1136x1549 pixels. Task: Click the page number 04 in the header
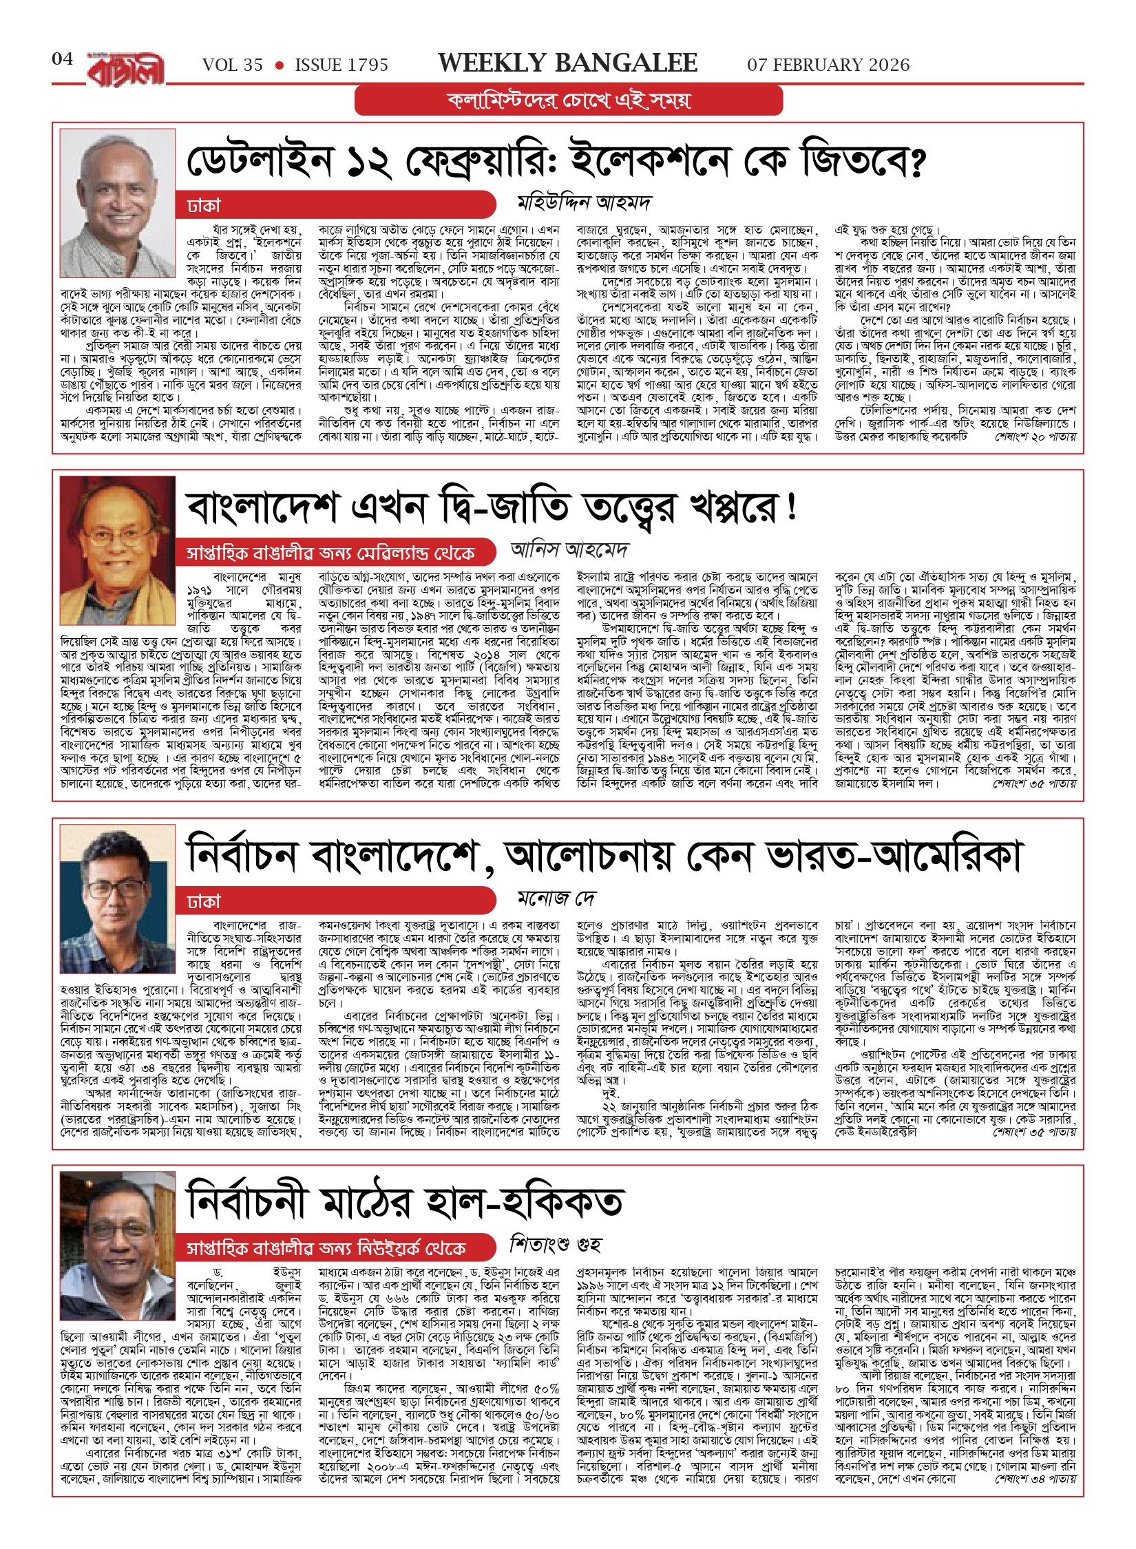tap(63, 59)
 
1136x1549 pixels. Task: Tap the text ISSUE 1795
tap(341, 65)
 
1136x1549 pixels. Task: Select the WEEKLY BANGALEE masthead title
tap(567, 63)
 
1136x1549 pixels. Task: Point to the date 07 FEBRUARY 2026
tap(828, 65)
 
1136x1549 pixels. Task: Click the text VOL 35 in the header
tap(233, 65)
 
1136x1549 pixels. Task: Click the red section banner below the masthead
tap(569, 101)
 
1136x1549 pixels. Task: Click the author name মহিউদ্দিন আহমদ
tap(584, 202)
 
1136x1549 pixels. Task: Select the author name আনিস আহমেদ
tap(569, 549)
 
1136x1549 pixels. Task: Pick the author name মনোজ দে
tap(556, 898)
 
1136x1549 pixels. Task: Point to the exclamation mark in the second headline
tap(791, 507)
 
